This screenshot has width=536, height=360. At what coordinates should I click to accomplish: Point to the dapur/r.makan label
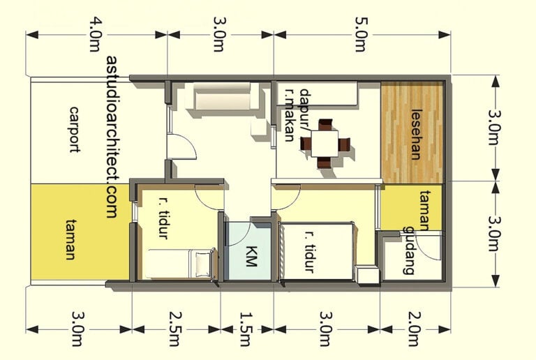coord(297,115)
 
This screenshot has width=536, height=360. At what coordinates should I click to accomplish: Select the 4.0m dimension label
coord(95,36)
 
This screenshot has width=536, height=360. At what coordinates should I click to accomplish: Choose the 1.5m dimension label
coord(245,330)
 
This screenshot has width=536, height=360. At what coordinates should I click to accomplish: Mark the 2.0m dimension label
coord(413,330)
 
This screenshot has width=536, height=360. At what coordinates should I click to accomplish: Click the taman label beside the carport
coord(70,239)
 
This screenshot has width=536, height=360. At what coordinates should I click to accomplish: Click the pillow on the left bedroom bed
coord(203,264)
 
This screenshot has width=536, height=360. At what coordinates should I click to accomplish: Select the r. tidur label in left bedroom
coord(163,218)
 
